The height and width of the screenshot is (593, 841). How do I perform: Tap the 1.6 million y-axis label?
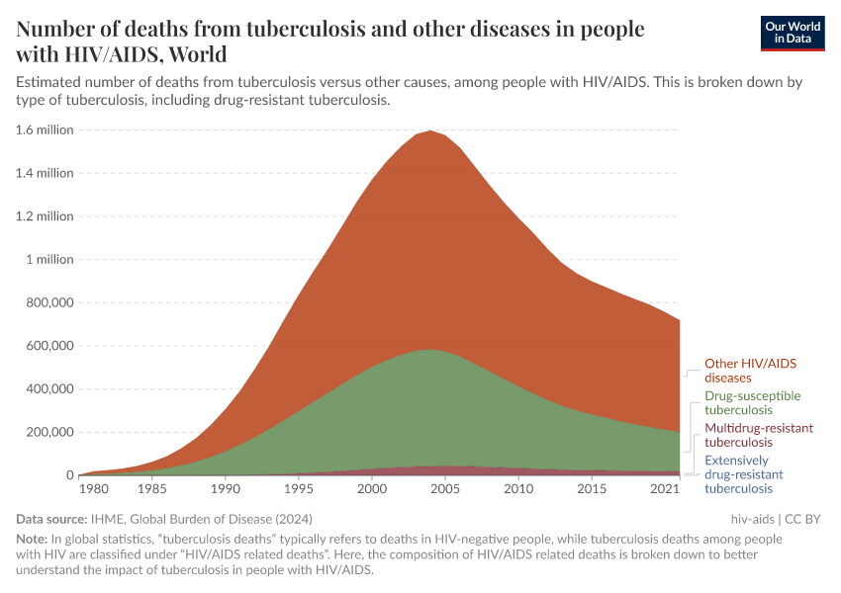tap(45, 129)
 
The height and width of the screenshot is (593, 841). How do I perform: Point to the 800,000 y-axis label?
tap(47, 302)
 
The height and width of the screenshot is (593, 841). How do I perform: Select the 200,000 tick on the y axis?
tap(47, 432)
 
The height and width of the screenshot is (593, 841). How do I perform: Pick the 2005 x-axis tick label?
tap(444, 489)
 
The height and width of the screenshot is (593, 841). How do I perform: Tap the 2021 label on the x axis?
tap(666, 489)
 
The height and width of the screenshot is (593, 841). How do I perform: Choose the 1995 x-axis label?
tap(298, 489)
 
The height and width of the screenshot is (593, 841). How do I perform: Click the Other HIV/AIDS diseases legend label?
tap(750, 371)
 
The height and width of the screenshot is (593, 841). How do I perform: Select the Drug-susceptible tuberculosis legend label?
tap(752, 402)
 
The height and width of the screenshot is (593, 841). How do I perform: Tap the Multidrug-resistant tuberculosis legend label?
tap(758, 435)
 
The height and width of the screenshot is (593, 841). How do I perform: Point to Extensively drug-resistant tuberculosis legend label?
tap(744, 474)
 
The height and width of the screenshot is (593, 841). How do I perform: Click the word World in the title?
tap(198, 54)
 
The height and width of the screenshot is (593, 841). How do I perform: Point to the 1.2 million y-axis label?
tap(45, 215)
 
